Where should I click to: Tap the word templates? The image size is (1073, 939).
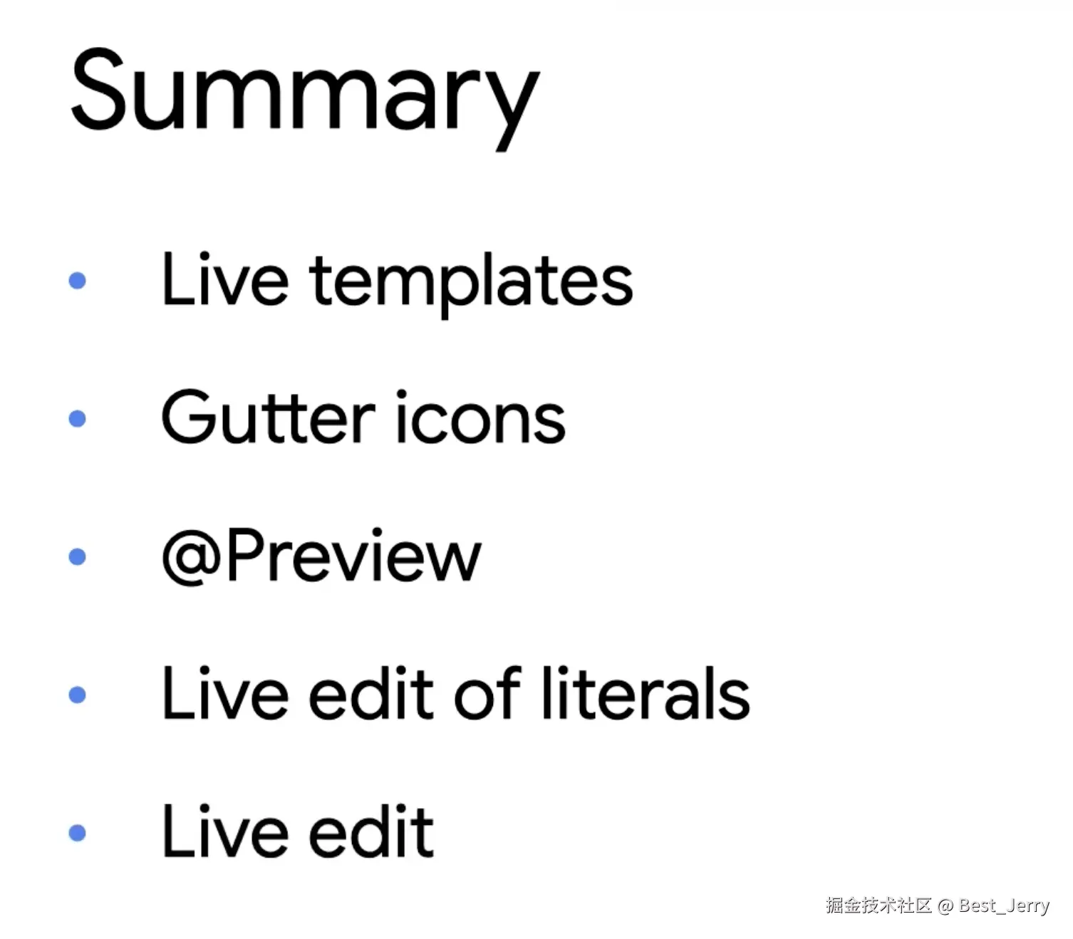coord(471,284)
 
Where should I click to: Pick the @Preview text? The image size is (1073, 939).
coord(321,556)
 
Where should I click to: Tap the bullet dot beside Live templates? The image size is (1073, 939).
coord(77,281)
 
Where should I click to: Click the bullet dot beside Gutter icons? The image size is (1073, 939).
coord(77,418)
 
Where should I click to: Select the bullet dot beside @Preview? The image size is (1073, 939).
coord(77,556)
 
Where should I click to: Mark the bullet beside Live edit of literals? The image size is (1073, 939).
coord(77,694)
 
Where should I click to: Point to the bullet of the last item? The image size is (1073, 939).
coord(77,833)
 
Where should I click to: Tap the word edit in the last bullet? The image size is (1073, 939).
coord(371,831)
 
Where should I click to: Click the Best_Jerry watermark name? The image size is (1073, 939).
coord(1004,906)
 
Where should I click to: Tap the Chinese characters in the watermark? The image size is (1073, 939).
coord(878,905)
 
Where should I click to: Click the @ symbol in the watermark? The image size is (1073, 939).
coord(945,906)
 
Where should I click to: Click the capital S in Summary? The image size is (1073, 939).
coord(99,90)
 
